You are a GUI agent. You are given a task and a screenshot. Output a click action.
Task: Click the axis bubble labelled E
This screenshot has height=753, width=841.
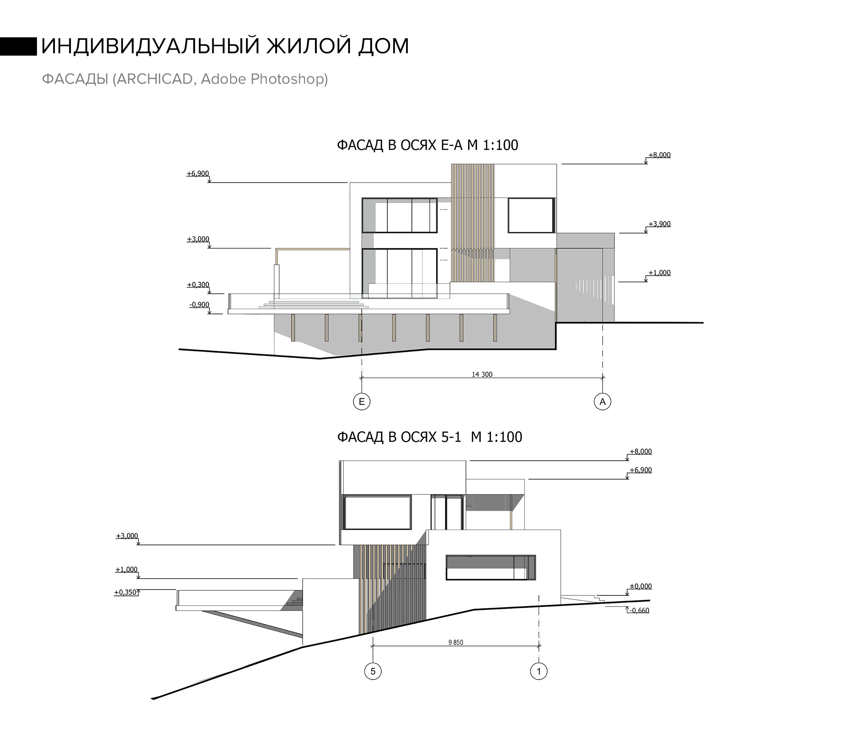(361, 401)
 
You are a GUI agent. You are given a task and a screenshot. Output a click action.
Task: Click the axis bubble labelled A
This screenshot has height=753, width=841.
(602, 401)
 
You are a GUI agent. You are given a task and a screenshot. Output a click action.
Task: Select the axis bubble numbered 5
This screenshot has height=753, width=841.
(373, 671)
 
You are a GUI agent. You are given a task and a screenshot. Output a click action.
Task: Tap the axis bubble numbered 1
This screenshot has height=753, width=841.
(539, 671)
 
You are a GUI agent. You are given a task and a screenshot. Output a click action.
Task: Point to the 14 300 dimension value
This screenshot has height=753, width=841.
(482, 374)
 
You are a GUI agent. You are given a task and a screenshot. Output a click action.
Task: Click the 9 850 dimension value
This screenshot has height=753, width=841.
(455, 642)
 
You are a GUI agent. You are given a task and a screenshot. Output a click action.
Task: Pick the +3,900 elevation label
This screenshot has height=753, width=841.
(659, 224)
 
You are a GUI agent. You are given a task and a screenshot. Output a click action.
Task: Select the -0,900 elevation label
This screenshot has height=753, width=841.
(199, 305)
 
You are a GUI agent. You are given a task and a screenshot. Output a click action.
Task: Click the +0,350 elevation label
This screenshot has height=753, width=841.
(125, 593)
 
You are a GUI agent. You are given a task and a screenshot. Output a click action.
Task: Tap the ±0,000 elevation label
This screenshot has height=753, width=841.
(640, 586)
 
